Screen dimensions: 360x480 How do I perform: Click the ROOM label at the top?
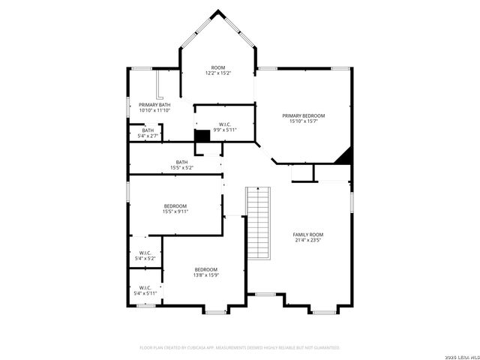pos(218,67)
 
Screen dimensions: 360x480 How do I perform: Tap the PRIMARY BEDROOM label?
pos(304,115)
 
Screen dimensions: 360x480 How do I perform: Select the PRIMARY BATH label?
pos(154,104)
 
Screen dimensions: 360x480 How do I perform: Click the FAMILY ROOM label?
pos(307,235)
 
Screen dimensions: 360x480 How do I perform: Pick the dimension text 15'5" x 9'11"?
pos(175,212)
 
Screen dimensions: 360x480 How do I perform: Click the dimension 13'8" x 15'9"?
pos(206,275)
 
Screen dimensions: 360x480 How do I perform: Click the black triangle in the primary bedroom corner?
pos(345,156)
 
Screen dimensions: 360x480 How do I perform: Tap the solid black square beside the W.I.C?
pos(202,136)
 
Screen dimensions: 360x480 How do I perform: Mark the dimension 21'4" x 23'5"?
pos(307,241)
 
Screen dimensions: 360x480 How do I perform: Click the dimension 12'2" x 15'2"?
pos(218,73)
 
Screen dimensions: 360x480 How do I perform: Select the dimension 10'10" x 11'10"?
pos(154,110)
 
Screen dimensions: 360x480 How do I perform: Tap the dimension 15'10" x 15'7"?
pos(304,121)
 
